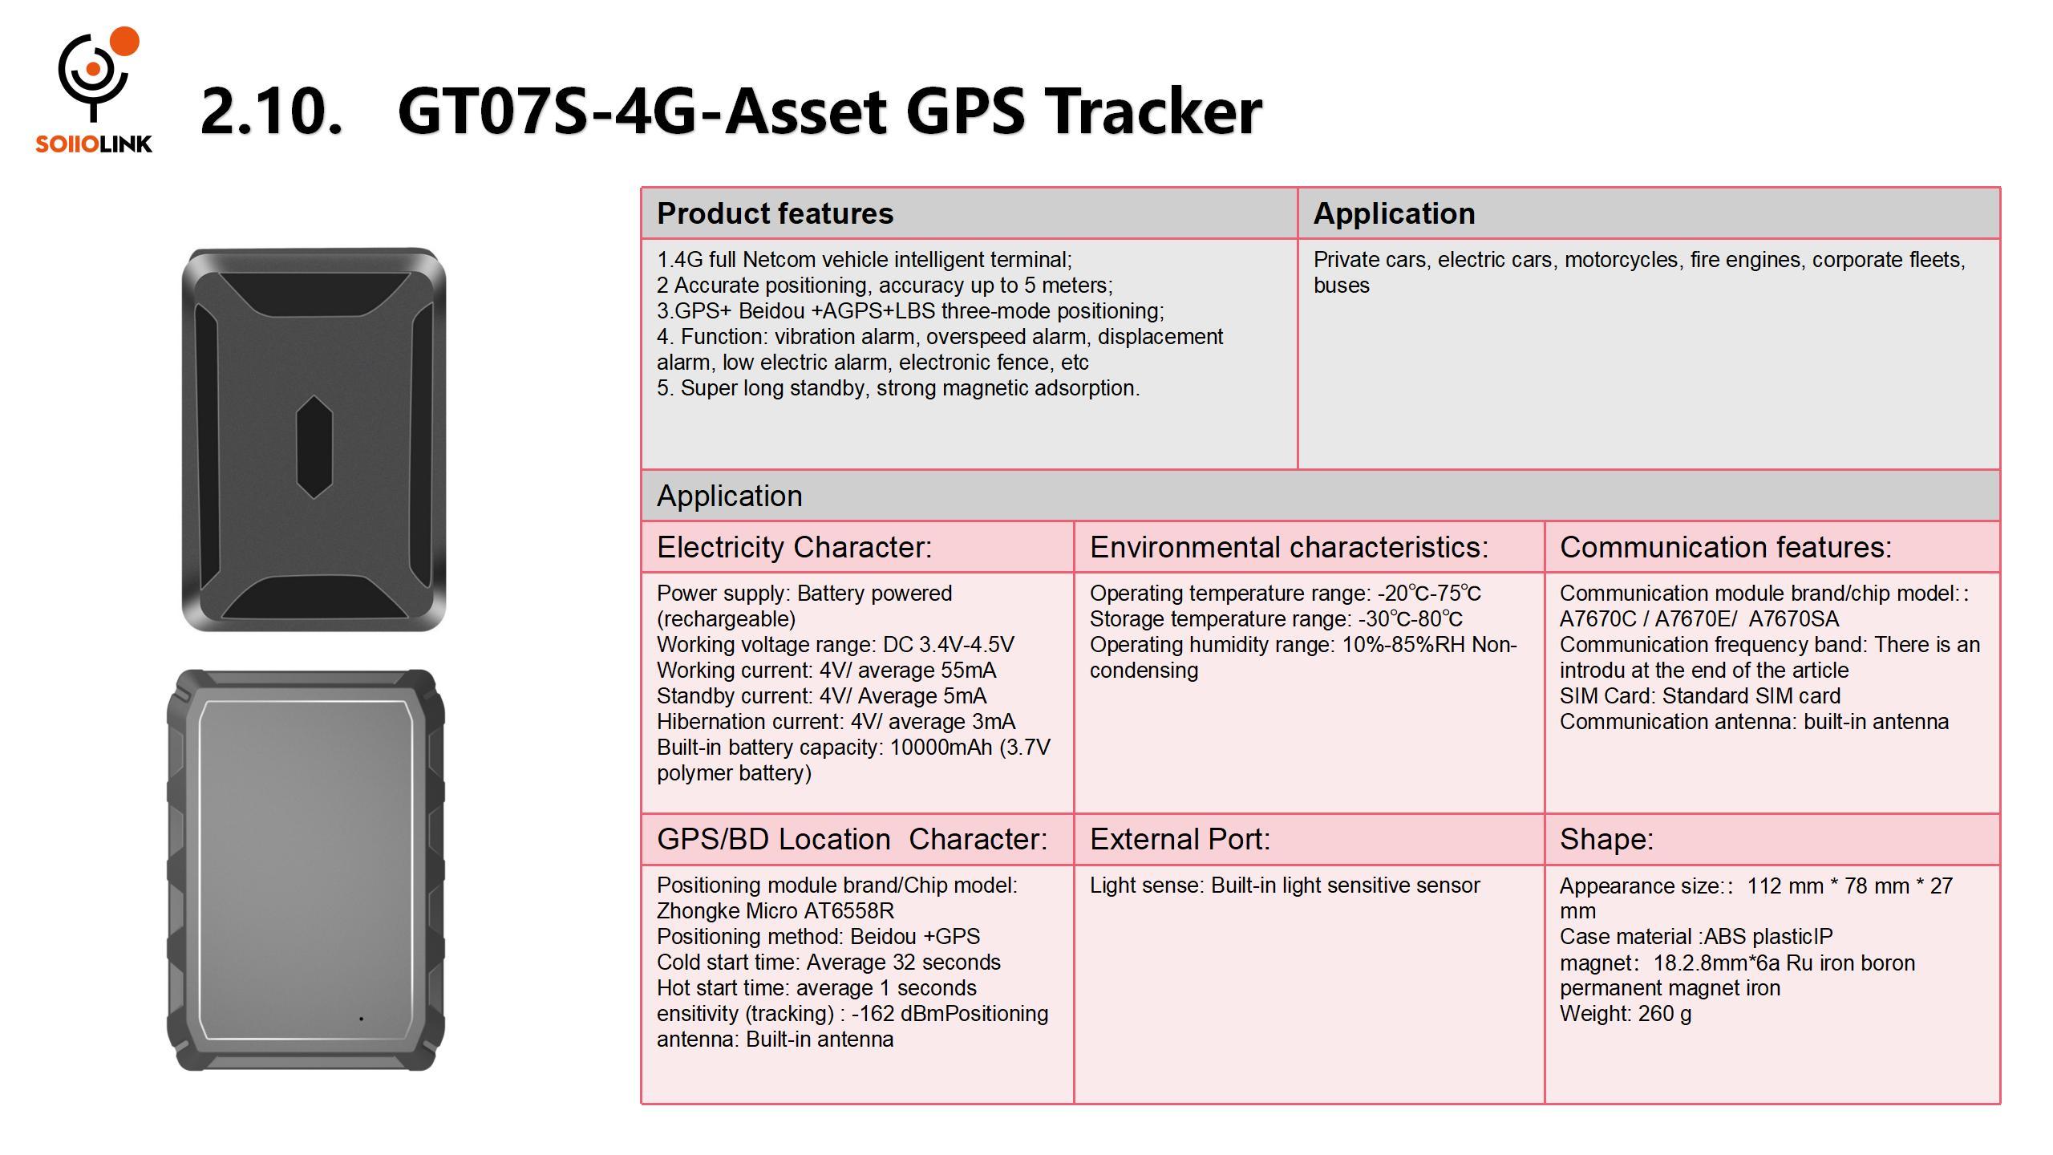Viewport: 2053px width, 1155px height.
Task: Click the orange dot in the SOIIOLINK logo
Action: (124, 42)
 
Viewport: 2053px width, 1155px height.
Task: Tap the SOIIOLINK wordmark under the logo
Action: (94, 144)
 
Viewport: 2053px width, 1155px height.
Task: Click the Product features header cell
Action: (969, 213)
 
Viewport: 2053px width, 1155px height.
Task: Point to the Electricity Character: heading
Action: (795, 547)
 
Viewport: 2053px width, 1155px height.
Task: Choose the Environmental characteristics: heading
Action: (1289, 547)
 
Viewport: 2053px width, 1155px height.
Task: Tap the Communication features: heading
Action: (1726, 547)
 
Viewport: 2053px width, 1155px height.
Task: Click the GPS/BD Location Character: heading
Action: (852, 839)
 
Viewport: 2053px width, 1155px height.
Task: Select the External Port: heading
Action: (1180, 839)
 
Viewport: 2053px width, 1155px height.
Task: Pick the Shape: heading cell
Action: (1772, 839)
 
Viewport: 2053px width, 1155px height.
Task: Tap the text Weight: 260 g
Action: (1626, 1014)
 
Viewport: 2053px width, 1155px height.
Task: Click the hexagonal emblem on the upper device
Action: (314, 447)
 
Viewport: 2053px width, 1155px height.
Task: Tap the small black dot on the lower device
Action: (361, 1019)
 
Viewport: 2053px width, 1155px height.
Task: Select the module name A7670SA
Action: (1794, 619)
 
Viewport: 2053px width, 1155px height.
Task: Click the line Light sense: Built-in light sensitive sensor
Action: (1285, 885)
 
